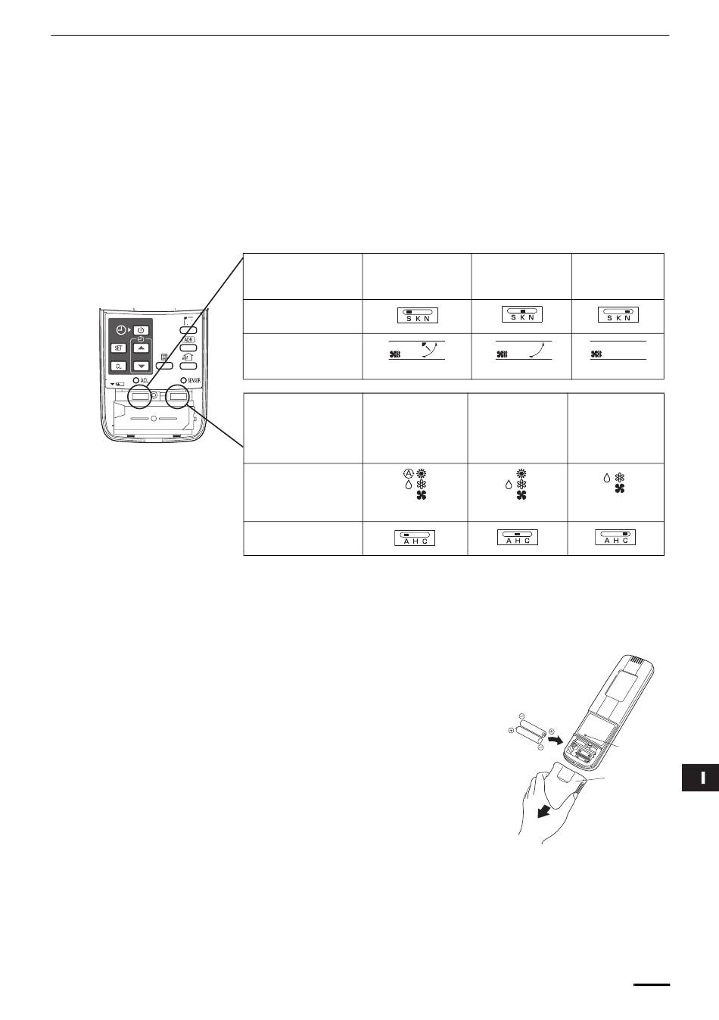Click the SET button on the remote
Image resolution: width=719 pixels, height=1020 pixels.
pyautogui.click(x=119, y=348)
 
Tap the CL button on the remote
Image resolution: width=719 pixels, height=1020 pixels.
pyautogui.click(x=119, y=366)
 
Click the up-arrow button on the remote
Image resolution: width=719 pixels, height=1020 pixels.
pyautogui.click(x=141, y=348)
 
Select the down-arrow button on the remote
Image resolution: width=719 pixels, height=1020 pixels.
pyautogui.click(x=141, y=366)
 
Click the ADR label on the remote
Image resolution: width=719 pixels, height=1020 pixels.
pyautogui.click(x=189, y=340)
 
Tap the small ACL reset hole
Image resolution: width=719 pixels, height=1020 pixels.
pyautogui.click(x=135, y=380)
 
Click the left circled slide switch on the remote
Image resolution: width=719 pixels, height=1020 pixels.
pyautogui.click(x=142, y=395)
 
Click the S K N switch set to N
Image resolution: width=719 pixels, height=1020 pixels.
pyautogui.click(x=618, y=315)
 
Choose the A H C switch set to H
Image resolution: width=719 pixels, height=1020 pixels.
pyautogui.click(x=517, y=537)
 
